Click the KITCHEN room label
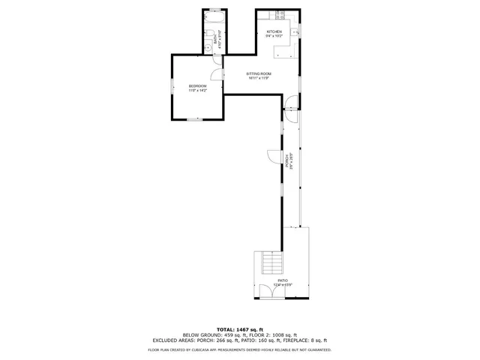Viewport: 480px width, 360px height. pyautogui.click(x=274, y=31)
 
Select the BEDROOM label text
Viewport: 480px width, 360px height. pyautogui.click(x=197, y=86)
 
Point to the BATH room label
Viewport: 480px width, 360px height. pyautogui.click(x=215, y=41)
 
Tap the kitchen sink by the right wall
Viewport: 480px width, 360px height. pyautogui.click(x=295, y=31)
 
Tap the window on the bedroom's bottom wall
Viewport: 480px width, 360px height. pyautogui.click(x=195, y=119)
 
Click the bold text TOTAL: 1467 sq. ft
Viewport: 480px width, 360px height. pyautogui.click(x=239, y=329)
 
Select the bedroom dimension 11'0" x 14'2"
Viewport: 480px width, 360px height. pyautogui.click(x=197, y=91)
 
